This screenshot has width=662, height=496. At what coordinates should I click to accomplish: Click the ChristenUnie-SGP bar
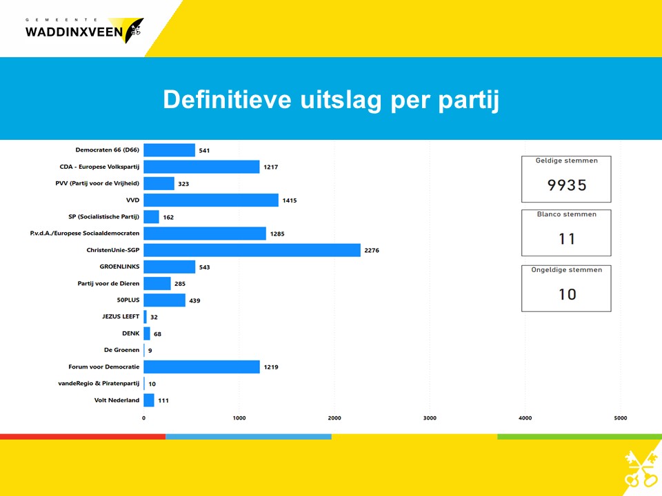coord(252,250)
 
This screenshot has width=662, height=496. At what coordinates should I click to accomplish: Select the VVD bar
coord(211,200)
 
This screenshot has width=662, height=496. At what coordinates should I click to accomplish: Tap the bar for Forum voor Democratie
coord(202,367)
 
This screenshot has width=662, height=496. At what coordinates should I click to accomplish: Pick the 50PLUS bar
coord(165,300)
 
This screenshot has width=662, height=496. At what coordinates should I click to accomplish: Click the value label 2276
coord(372,250)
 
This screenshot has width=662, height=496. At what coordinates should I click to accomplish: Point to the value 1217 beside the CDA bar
coord(270,167)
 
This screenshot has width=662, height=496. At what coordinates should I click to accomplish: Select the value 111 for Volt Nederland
coord(163,400)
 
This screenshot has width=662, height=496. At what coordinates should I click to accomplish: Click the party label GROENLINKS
coord(119,267)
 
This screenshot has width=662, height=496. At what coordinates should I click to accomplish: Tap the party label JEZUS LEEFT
coord(121,316)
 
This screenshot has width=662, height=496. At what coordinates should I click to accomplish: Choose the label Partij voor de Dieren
coord(108,283)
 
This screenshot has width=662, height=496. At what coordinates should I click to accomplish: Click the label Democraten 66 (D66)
coord(108,149)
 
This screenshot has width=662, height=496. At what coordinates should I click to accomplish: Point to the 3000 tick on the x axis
coord(430,418)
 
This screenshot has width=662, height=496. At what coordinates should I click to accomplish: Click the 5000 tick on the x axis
coord(620,418)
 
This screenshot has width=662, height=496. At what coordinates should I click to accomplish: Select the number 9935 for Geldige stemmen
coord(567,185)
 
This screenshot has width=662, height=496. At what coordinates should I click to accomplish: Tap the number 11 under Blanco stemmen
coord(567,239)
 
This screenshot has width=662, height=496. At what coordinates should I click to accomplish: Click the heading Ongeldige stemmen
coord(567,270)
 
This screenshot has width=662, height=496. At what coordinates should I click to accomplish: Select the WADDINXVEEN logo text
coord(74,32)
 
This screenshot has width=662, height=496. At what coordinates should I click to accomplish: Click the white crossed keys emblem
coord(639,469)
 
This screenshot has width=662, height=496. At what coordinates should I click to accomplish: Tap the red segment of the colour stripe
coord(83,437)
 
